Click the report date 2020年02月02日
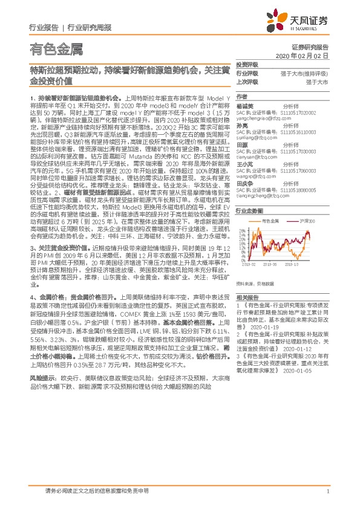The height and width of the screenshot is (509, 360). [x=309, y=55]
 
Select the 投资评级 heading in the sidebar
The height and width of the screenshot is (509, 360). [x=246, y=65]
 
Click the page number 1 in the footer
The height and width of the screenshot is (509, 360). [x=327, y=491]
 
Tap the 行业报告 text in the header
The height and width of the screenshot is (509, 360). [x=44, y=27]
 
